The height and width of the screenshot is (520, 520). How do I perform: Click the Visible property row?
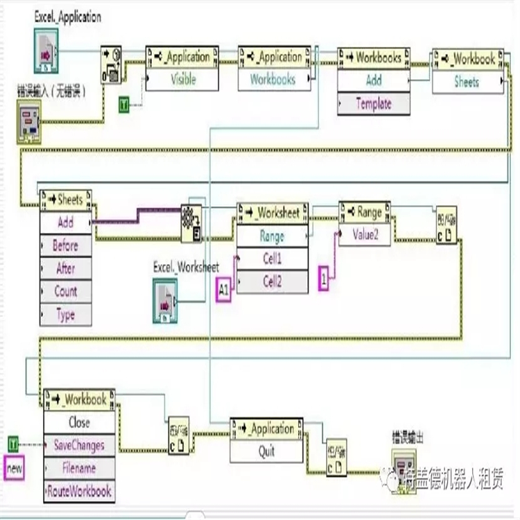pyautogui.click(x=183, y=79)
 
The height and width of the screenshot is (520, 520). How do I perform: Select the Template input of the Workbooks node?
pyautogui.click(x=374, y=104)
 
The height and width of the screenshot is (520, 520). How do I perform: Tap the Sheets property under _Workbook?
pyautogui.click(x=467, y=82)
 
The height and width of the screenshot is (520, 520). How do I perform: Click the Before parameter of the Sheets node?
pyautogui.click(x=66, y=245)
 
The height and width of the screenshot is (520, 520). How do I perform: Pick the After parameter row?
pyautogui.click(x=66, y=268)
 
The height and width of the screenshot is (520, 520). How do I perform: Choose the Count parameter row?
pyautogui.click(x=66, y=291)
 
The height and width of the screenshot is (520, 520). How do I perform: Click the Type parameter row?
pyautogui.click(x=66, y=314)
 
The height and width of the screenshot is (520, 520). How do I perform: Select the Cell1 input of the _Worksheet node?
pyautogui.click(x=272, y=259)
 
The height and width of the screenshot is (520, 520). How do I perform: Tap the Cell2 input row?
pyautogui.click(x=272, y=281)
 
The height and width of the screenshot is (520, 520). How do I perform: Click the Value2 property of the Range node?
pyautogui.click(x=365, y=234)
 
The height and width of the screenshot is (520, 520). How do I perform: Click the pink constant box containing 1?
pyautogui.click(x=323, y=279)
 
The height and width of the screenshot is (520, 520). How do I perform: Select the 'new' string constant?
pyautogui.click(x=14, y=469)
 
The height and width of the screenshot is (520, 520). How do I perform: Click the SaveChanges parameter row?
pyautogui.click(x=79, y=445)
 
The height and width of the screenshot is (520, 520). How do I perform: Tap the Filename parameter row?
pyautogui.click(x=79, y=468)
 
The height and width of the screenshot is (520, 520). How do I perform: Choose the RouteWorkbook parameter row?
pyautogui.click(x=79, y=491)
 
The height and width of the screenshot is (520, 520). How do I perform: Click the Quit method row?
pyautogui.click(x=267, y=451)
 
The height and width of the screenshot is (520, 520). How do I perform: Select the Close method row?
pyautogui.click(x=79, y=422)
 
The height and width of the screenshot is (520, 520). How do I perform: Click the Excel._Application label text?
pyautogui.click(x=67, y=17)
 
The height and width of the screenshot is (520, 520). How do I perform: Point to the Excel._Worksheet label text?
pyautogui.click(x=186, y=267)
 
